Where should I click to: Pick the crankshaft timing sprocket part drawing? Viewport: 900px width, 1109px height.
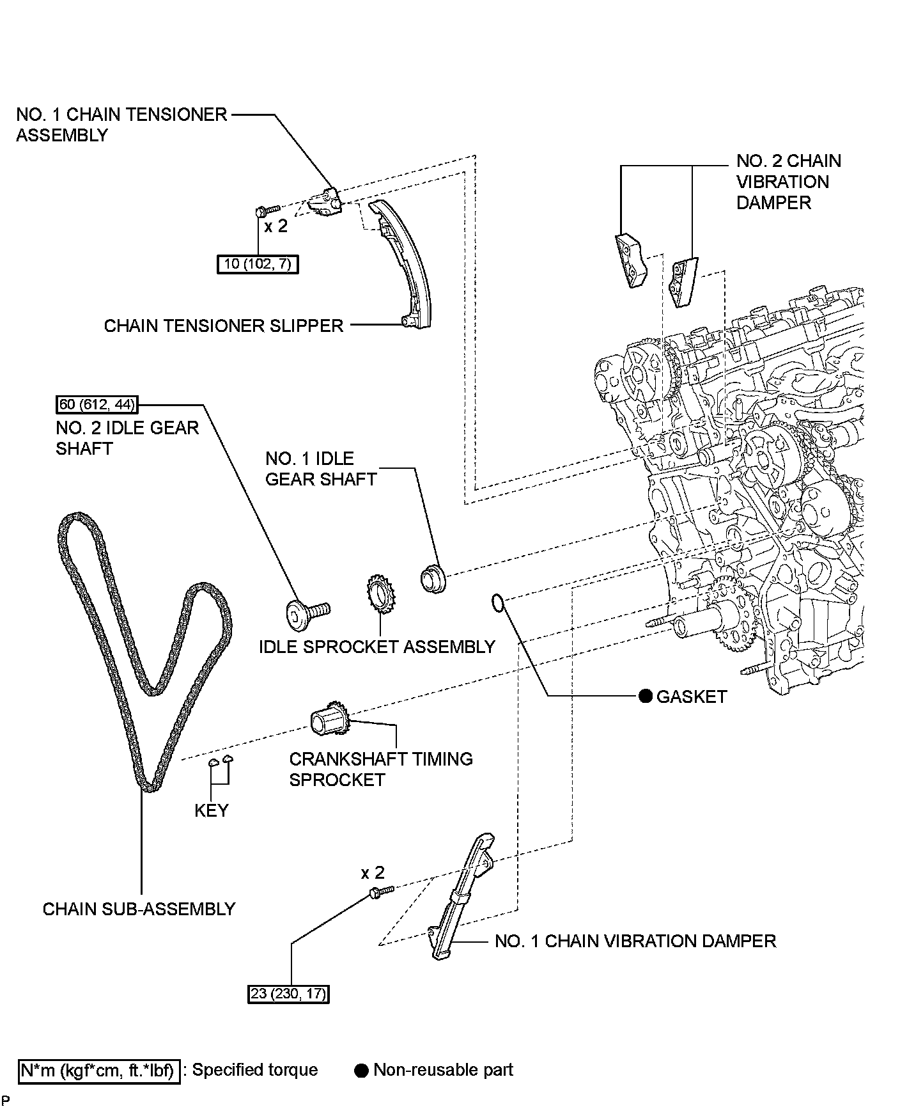pos(330,721)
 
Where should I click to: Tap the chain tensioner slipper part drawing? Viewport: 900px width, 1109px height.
pos(406,262)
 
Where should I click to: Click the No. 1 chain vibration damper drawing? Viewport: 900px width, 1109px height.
pos(460,895)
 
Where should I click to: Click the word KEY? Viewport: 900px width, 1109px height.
pos(211,810)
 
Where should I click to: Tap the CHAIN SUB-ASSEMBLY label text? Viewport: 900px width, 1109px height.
pos(139,909)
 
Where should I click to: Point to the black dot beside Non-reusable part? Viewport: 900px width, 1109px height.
pos(362,1070)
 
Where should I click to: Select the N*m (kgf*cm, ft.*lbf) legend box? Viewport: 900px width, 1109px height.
pos(98,1070)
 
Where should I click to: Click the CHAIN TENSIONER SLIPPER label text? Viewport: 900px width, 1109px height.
pos(224,326)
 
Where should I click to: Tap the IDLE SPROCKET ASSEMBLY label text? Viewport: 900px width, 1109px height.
pos(377,647)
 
